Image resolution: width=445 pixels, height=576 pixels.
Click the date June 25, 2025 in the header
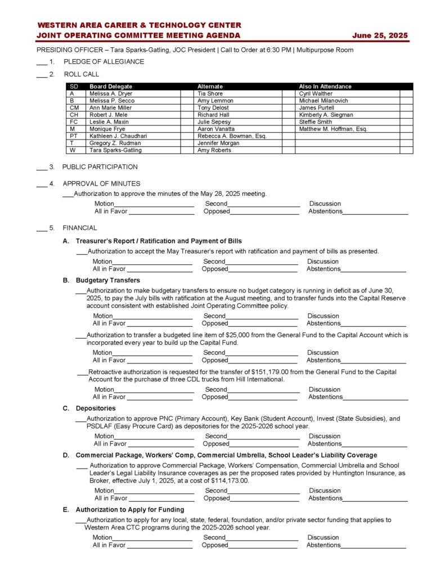pyautogui.click(x=380, y=35)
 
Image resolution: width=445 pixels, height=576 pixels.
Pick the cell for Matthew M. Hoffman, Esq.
pyautogui.click(x=333, y=129)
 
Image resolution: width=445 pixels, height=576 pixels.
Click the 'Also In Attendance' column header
pyautogui.click(x=325, y=87)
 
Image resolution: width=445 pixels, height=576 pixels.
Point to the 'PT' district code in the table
pyautogui.click(x=74, y=136)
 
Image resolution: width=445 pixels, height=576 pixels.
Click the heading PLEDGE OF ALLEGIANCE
pyautogui.click(x=104, y=62)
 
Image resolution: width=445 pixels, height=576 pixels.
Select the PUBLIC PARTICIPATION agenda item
pyautogui.click(x=100, y=167)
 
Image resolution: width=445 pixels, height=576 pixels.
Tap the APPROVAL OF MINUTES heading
pyautogui.click(x=101, y=183)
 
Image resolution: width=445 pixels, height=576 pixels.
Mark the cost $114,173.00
pyautogui.click(x=230, y=481)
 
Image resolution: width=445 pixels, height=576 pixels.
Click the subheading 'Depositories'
pyautogui.click(x=96, y=408)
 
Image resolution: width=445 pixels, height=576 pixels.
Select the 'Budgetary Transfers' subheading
pyautogui.click(x=107, y=280)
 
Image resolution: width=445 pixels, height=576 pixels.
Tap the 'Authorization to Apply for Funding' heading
pyautogui.click(x=129, y=510)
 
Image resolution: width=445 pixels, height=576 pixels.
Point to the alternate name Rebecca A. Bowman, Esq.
pyautogui.click(x=232, y=136)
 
